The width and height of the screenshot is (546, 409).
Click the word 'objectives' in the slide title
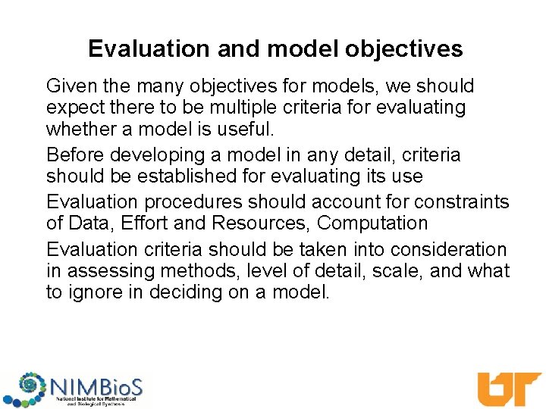coord(403,49)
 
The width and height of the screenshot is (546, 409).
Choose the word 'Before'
coord(76,155)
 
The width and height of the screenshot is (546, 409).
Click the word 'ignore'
coord(101,292)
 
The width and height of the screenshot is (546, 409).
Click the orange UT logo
coord(508,388)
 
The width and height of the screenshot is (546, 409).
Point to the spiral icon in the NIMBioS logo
coord(30,386)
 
